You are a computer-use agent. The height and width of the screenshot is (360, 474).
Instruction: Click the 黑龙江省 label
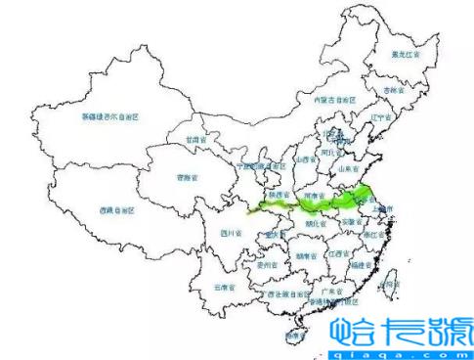click(x=406, y=54)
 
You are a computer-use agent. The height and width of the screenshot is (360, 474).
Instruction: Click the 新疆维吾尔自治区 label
click(x=110, y=115)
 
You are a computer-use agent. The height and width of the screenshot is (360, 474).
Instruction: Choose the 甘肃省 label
click(x=200, y=140)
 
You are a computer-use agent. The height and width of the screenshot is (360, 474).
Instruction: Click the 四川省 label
click(x=231, y=233)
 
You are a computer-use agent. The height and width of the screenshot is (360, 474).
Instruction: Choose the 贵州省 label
click(x=262, y=263)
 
